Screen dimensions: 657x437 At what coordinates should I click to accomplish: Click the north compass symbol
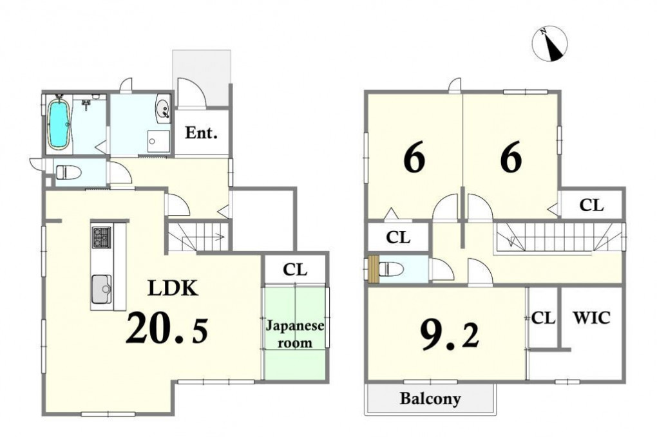(549, 44)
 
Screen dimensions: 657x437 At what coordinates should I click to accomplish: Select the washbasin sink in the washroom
(163, 108)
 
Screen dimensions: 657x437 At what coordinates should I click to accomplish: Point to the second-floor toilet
(390, 269)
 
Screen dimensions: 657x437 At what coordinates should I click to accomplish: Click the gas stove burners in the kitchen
(101, 237)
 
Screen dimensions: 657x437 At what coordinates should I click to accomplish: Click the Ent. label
(202, 133)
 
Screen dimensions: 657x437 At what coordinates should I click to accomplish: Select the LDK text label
(172, 288)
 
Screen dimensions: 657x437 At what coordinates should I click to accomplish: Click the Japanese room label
(295, 334)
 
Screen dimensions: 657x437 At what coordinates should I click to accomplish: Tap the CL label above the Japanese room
(295, 270)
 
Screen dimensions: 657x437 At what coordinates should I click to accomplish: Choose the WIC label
(592, 318)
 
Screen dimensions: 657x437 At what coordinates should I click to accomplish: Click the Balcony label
(430, 398)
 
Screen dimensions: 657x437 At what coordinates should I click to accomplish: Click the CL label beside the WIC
(544, 319)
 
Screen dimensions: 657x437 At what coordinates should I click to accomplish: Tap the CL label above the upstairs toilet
(398, 237)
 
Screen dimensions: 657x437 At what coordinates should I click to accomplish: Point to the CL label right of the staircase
(592, 205)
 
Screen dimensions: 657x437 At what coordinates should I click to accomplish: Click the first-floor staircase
(198, 237)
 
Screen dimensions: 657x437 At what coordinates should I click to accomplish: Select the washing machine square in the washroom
(158, 142)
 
